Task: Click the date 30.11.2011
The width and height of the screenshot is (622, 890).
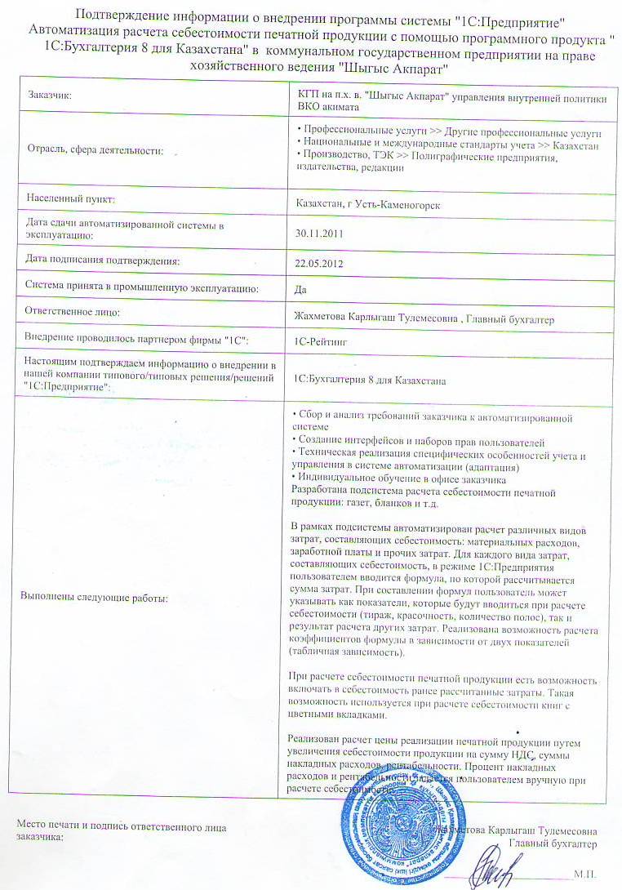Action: coord(318,234)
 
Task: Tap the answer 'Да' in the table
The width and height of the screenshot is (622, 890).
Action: coord(300,289)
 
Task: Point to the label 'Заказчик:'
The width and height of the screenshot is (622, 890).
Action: coord(50,96)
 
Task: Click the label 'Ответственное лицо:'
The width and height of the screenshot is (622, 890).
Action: coord(73,313)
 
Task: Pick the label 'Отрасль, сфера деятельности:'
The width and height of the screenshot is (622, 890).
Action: coord(95,150)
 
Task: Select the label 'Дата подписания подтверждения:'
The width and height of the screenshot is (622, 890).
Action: coord(102,260)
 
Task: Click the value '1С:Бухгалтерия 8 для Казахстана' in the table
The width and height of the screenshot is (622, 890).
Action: coord(369,380)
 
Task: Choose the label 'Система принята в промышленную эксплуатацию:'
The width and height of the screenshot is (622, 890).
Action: coord(142,287)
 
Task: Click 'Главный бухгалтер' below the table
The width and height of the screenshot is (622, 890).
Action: coord(553,843)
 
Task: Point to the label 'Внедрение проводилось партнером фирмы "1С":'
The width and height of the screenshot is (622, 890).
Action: coord(136,338)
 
